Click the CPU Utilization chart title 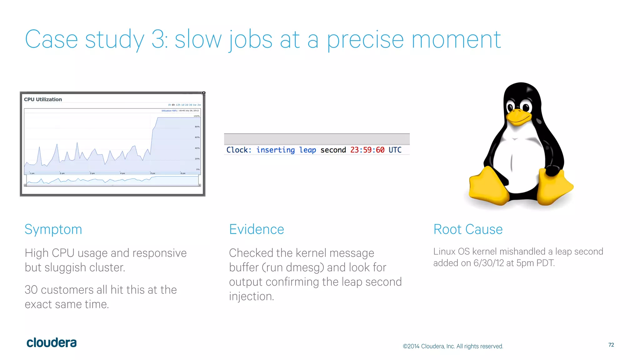[x=43, y=99]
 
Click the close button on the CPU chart [x=204, y=93]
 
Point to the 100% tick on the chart [x=197, y=116]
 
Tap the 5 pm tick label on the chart [x=152, y=173]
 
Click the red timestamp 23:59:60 [x=367, y=150]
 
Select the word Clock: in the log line [x=239, y=150]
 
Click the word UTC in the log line [x=395, y=150]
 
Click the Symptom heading [x=53, y=230]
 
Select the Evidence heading [x=256, y=229]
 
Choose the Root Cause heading [x=468, y=229]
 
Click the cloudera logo [x=52, y=343]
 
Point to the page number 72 [x=611, y=345]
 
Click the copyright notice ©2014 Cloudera [x=452, y=346]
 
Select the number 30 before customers [x=31, y=290]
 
